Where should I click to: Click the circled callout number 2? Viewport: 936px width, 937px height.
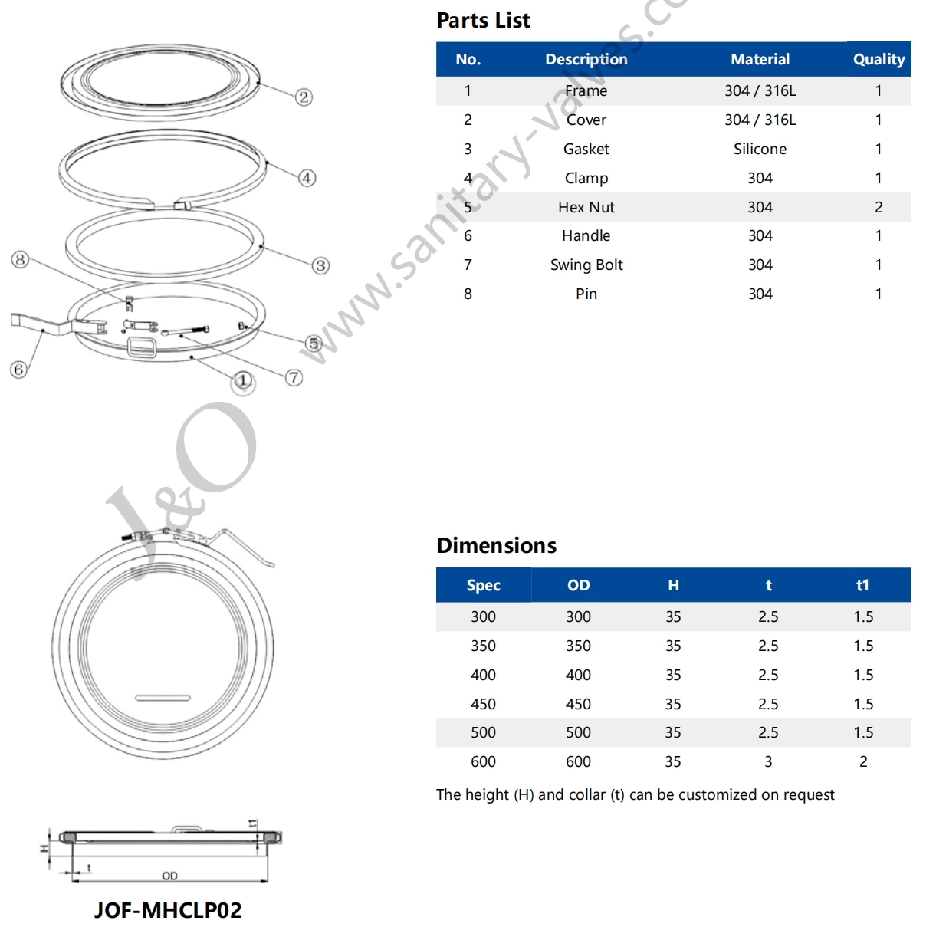click(304, 97)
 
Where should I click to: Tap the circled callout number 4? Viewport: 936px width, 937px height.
click(307, 178)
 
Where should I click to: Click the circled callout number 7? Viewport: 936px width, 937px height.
click(294, 377)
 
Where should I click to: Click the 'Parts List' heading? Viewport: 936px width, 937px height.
click(483, 21)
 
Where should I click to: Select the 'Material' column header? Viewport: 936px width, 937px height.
click(760, 59)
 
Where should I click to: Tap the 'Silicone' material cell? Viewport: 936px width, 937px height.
click(760, 149)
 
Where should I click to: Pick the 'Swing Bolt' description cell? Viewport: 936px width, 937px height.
click(586, 265)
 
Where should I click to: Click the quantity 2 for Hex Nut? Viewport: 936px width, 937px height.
click(879, 207)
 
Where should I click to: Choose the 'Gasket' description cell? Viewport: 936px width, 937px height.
click(586, 149)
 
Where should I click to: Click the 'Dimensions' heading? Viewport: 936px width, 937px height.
click(496, 545)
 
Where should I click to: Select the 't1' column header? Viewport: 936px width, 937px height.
click(862, 585)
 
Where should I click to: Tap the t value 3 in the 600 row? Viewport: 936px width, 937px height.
click(768, 761)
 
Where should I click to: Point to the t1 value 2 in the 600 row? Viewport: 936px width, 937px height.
click(863, 761)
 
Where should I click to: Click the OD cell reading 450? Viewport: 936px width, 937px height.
click(578, 704)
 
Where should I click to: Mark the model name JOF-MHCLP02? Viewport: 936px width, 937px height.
click(168, 910)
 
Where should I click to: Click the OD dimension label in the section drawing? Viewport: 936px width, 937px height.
click(169, 876)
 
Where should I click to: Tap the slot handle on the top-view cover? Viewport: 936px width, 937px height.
click(163, 698)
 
